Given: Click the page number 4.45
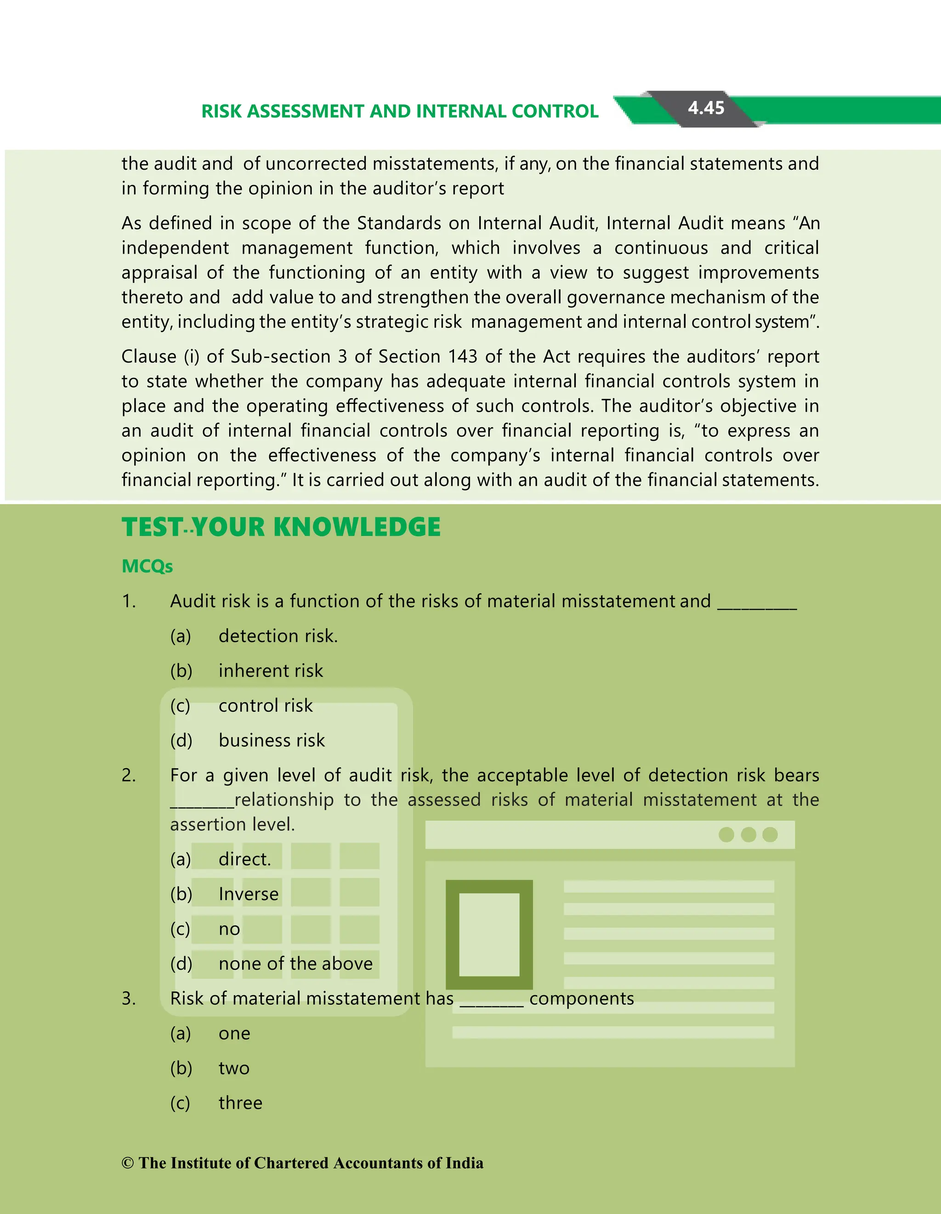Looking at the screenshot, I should [x=706, y=108].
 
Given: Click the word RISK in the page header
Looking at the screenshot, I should [x=222, y=111].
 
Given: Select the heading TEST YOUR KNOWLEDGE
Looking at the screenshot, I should [x=281, y=527].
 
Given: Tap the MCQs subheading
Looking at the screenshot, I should [x=147, y=567].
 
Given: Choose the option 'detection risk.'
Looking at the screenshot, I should [x=278, y=636].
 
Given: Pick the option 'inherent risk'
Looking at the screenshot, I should [x=271, y=671].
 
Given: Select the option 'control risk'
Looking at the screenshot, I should [x=266, y=706].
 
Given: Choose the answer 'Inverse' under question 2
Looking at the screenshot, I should [x=249, y=894].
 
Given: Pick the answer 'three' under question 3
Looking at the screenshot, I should [x=240, y=1103].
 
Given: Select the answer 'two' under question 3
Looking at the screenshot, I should [x=234, y=1068].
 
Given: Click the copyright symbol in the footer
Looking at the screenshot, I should [x=128, y=1163].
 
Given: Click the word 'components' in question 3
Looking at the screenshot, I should [x=581, y=998].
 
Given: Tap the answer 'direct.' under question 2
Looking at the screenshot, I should [x=244, y=859].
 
